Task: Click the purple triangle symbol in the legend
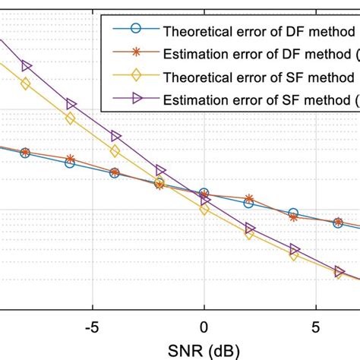(134, 99)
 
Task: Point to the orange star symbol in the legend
(134, 54)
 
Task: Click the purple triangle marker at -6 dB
(71, 104)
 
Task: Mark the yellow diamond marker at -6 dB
(70, 118)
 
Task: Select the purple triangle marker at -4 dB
(115, 136)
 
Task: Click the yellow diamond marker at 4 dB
(294, 256)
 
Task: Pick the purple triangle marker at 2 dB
(249, 227)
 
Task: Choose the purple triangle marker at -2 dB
(160, 170)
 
